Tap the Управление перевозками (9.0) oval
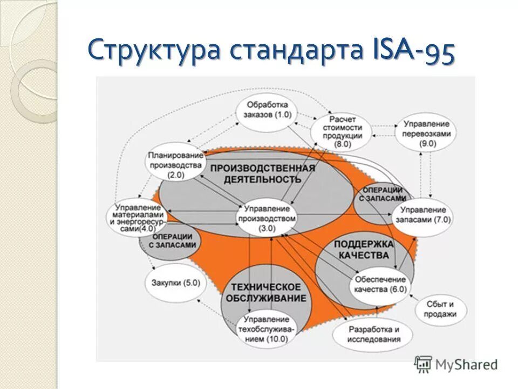point(426,133)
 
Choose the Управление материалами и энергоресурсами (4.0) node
point(137,218)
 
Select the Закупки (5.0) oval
point(176,283)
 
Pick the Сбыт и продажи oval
point(440,309)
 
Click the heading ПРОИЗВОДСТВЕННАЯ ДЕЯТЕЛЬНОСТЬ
point(263,173)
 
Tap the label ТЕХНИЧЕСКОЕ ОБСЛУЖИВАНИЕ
point(266,292)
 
